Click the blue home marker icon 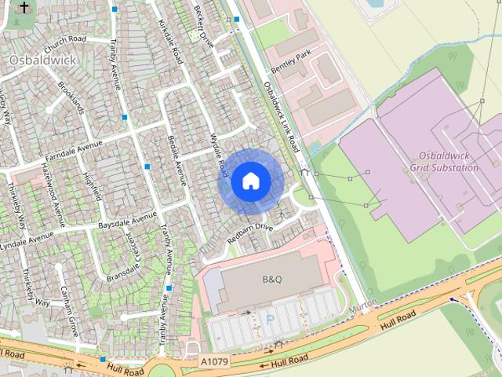(x=250, y=181)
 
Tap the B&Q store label (x=271, y=279)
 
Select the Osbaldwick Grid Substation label (x=444, y=162)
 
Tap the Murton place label (x=363, y=303)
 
